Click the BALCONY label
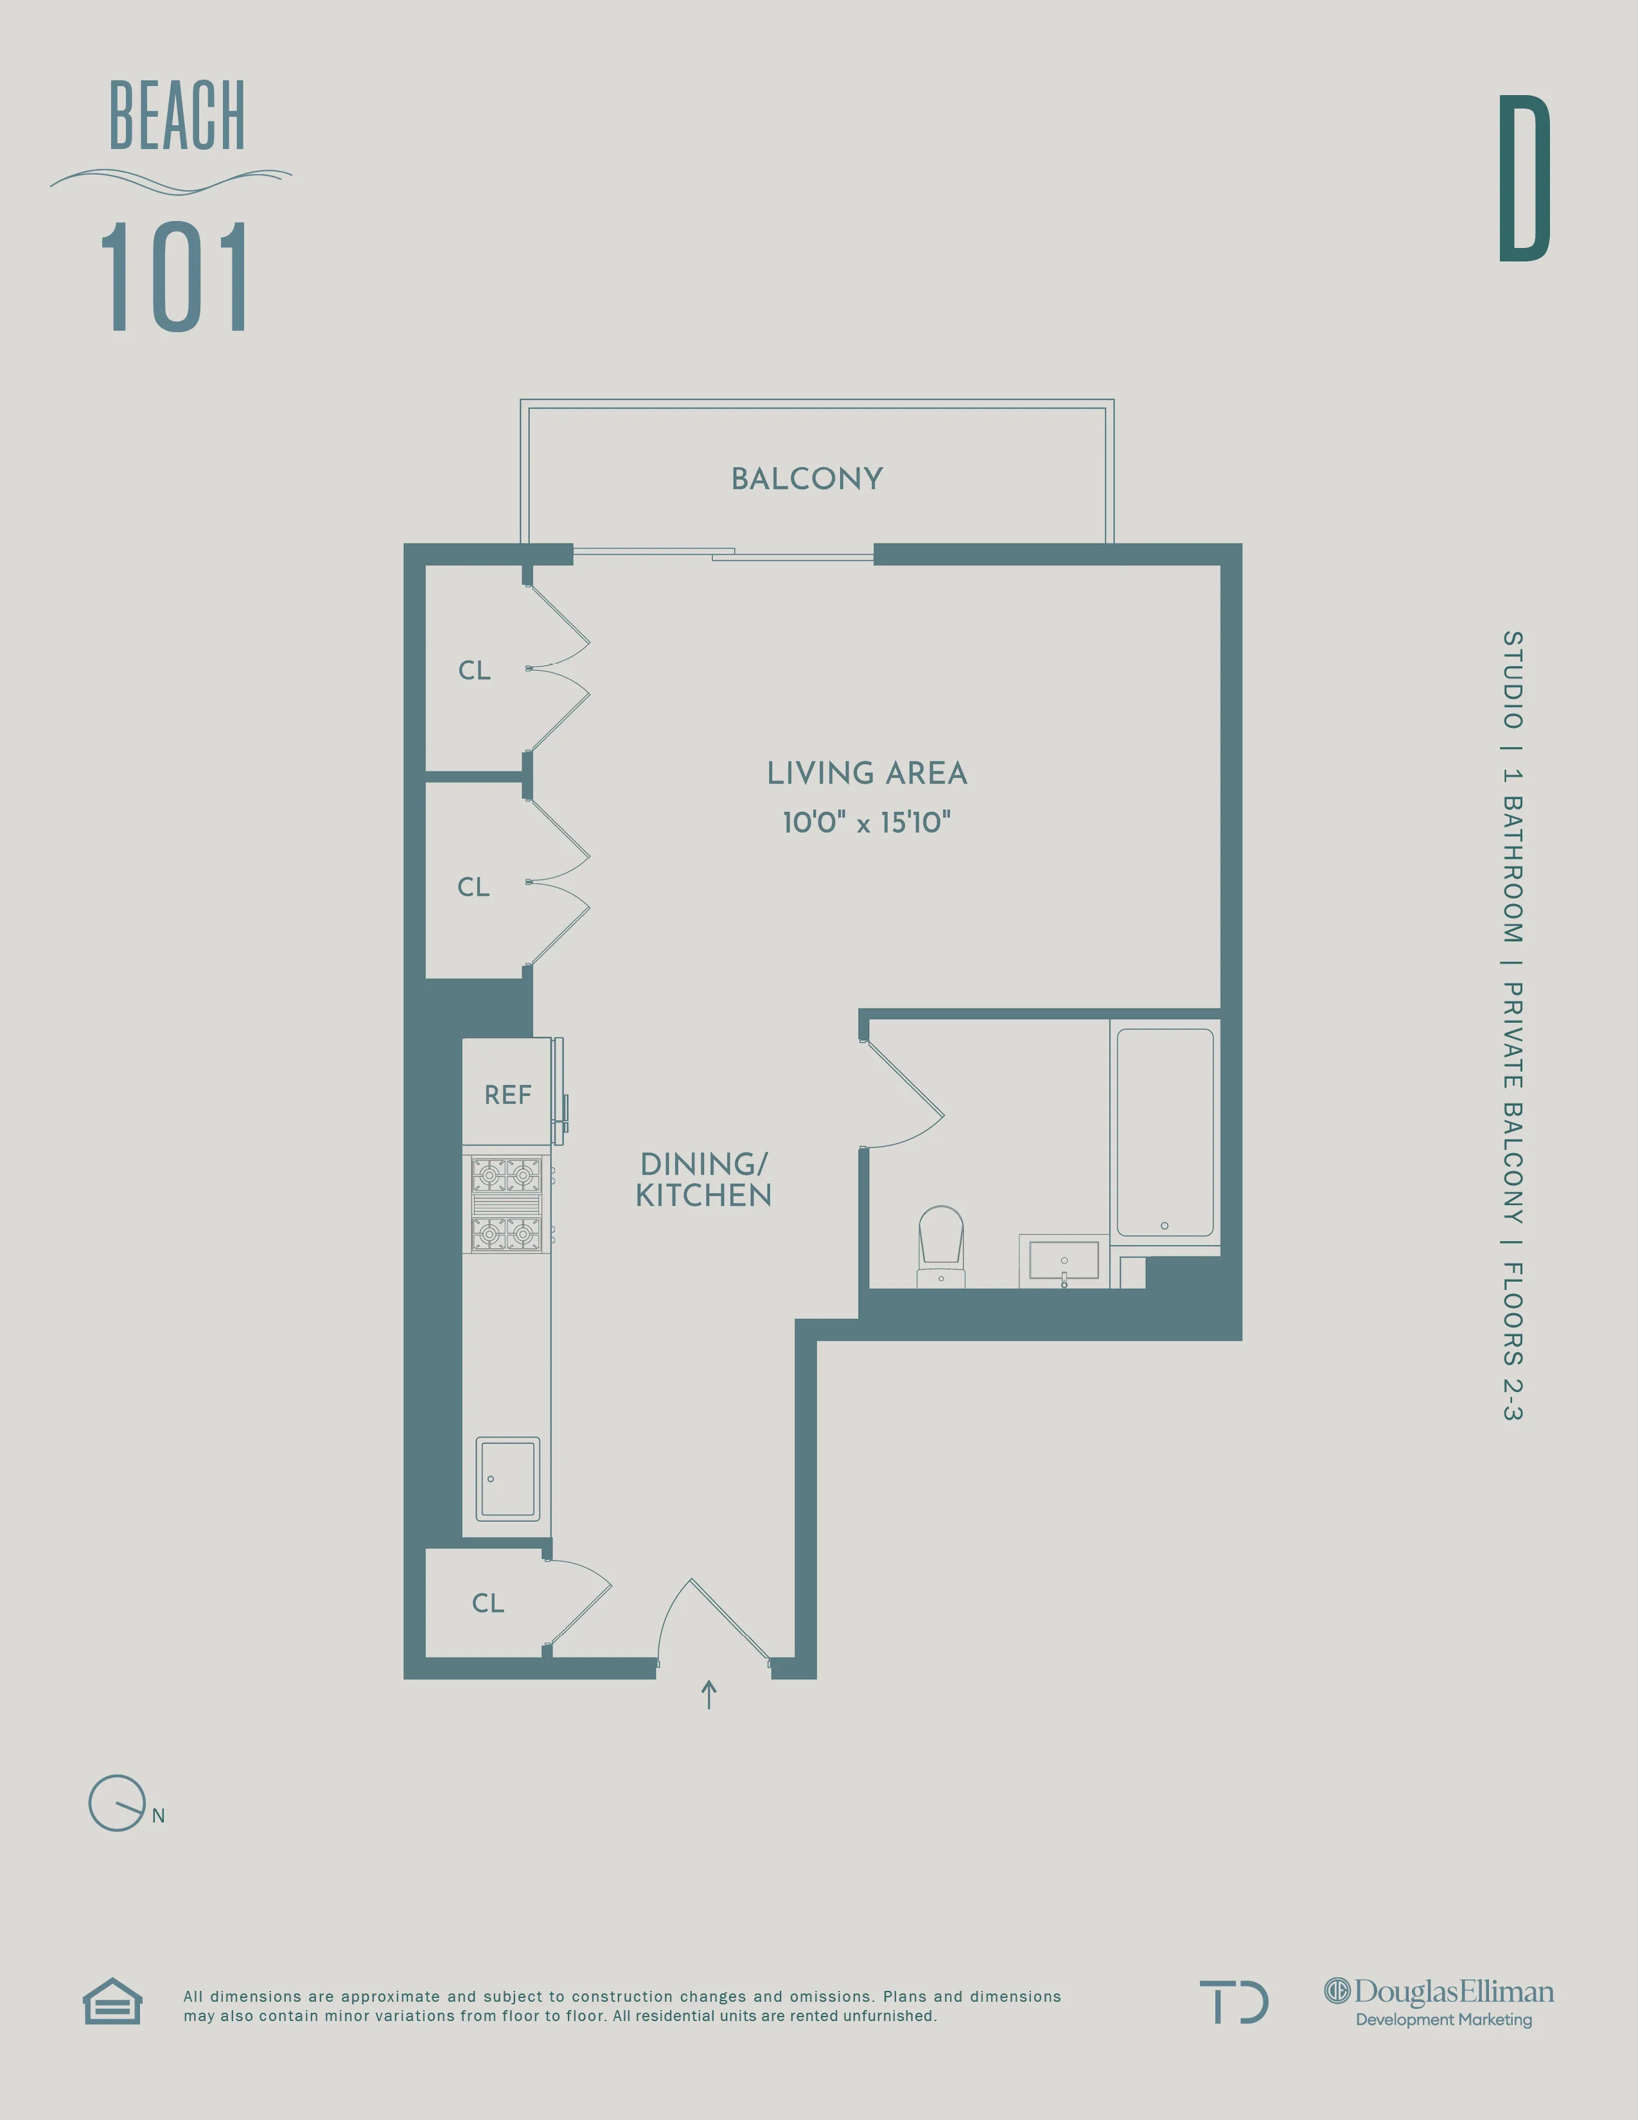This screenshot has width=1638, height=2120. [x=806, y=479]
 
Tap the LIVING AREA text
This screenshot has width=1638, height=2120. [x=867, y=773]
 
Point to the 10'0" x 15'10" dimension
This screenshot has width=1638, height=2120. [x=867, y=822]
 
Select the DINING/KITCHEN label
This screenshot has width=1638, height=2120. [x=703, y=1179]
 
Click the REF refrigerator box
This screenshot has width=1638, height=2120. [x=507, y=1094]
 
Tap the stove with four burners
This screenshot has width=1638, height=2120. [x=506, y=1204]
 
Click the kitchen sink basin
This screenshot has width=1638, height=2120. [x=507, y=1478]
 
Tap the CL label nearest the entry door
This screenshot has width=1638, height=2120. [x=488, y=1603]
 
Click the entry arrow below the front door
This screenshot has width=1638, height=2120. [x=709, y=1695]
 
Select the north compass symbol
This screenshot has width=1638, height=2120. [x=118, y=1803]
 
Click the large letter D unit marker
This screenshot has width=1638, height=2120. [x=1524, y=179]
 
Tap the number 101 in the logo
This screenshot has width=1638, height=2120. [x=175, y=278]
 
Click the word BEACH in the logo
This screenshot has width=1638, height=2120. [x=177, y=116]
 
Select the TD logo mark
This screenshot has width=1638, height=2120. [x=1233, y=2002]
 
